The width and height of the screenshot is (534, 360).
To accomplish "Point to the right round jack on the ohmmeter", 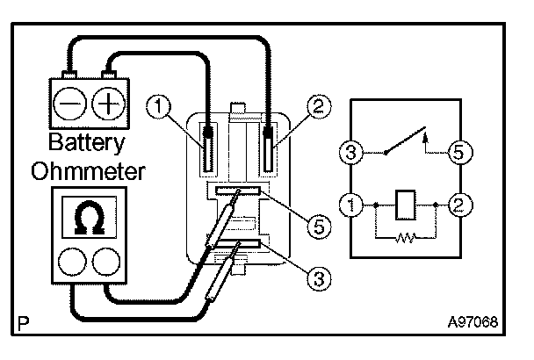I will point(105,262).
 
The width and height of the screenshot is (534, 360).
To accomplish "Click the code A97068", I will point(473,321).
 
